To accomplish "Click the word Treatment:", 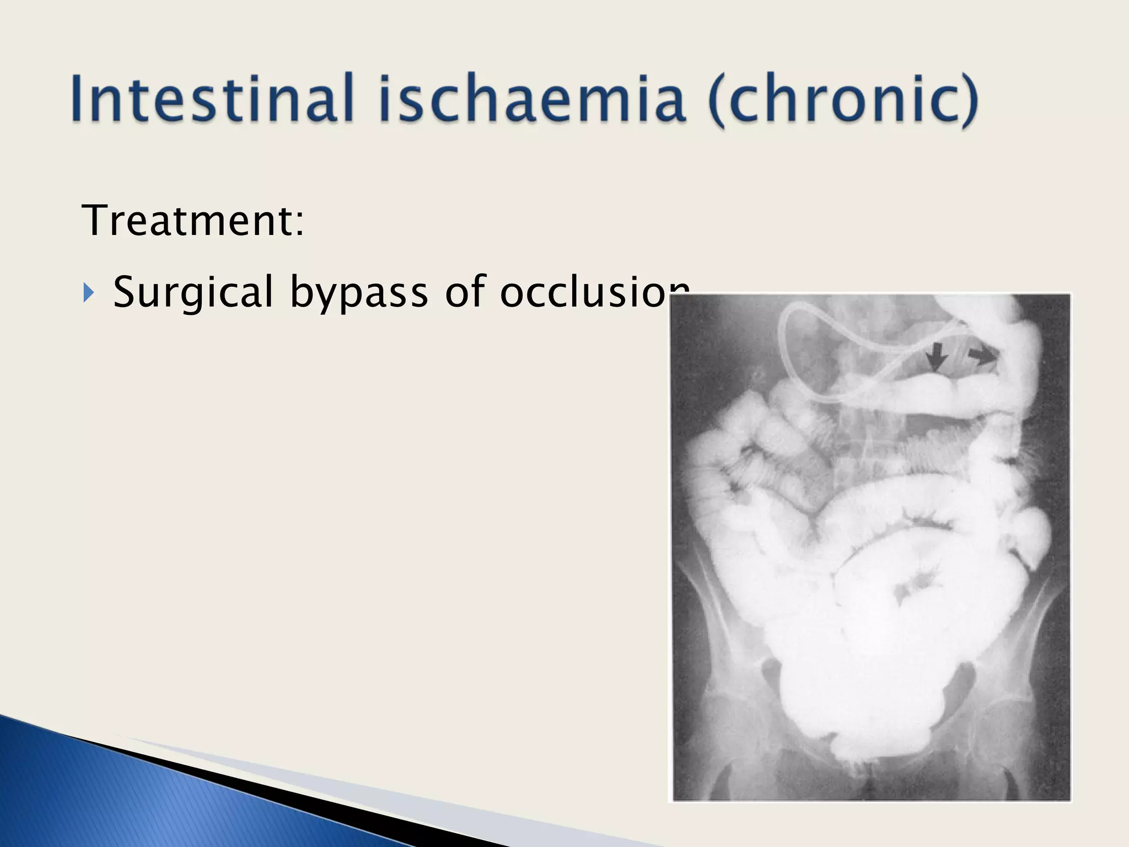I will click(x=192, y=221).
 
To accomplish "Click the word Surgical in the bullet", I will click(x=193, y=292).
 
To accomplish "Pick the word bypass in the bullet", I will click(x=359, y=292).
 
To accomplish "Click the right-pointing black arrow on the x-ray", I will click(x=982, y=356).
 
